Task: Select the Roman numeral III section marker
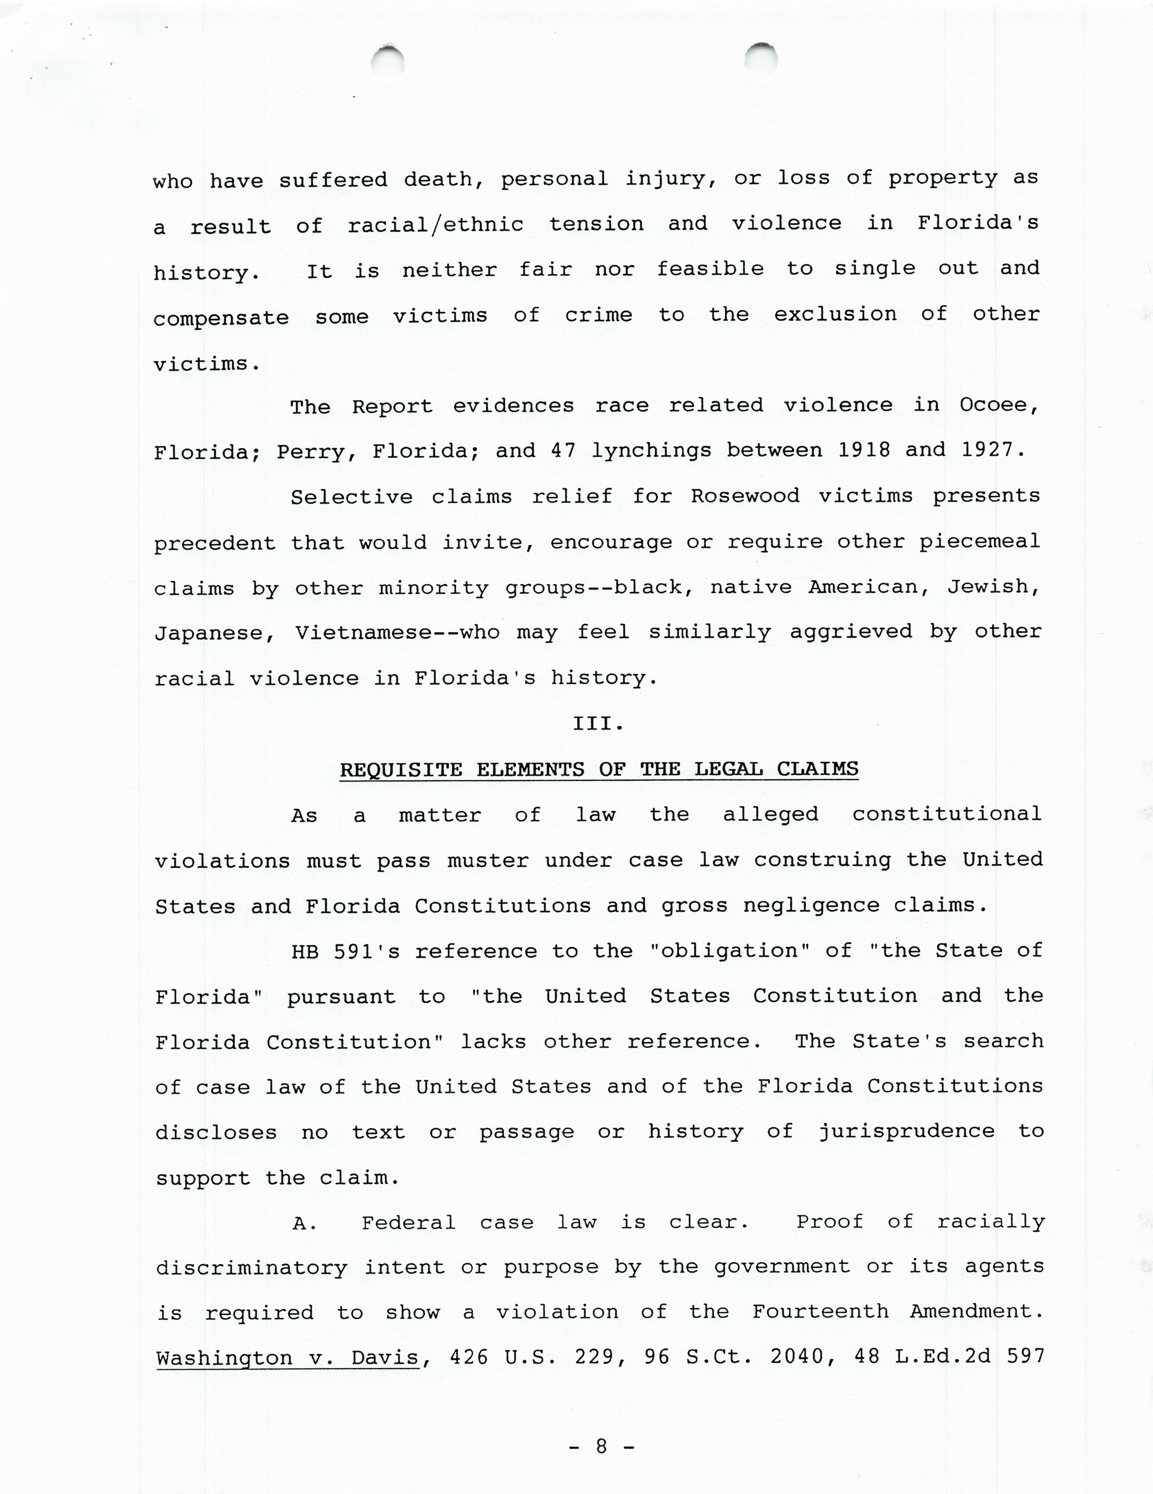coord(598,724)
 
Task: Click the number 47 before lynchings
coord(563,451)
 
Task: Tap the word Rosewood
coord(745,496)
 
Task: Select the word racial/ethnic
coord(436,224)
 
